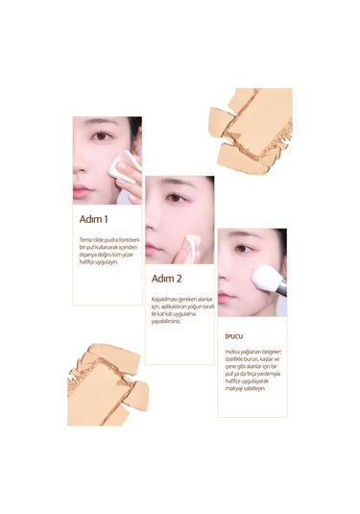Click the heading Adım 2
point(166,279)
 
